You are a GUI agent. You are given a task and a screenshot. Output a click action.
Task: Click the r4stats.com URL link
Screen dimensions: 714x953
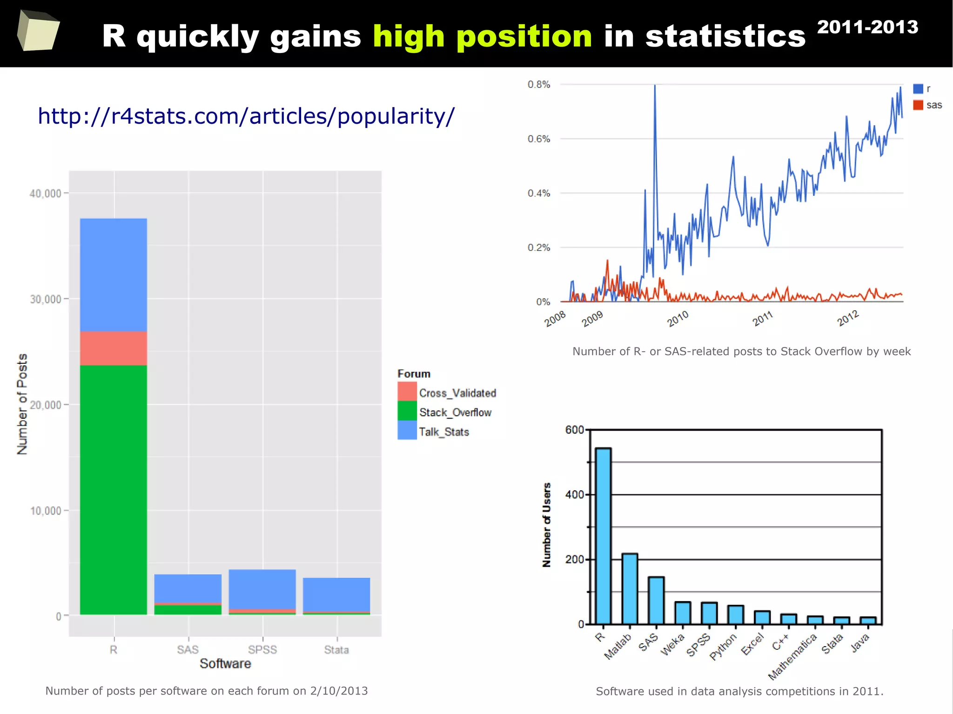pos(246,116)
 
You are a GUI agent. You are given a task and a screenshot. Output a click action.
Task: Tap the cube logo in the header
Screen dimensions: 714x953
pos(38,31)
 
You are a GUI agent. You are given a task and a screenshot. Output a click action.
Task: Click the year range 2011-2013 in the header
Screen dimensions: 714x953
pos(867,27)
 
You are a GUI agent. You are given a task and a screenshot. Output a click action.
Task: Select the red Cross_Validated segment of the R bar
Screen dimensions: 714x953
pos(114,348)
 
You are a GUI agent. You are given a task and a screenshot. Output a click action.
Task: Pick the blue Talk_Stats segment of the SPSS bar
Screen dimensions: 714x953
pos(262,589)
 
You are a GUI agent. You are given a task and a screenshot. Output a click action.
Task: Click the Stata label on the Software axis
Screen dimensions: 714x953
pos(336,649)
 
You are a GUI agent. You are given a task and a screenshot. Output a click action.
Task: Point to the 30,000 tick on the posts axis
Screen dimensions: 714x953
pos(46,299)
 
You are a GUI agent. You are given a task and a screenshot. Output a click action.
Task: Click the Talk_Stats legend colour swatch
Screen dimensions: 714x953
pos(407,430)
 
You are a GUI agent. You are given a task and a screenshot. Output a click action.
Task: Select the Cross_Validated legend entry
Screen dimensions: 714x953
pos(457,393)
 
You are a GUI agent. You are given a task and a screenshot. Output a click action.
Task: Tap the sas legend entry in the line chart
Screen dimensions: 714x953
pos(933,105)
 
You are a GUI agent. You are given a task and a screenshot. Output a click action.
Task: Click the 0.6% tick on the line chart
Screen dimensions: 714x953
pos(539,139)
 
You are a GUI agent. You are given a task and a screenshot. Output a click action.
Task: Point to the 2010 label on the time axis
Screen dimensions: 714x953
pos(678,319)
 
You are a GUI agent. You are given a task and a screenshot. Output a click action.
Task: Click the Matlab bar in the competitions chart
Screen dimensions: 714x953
pos(630,588)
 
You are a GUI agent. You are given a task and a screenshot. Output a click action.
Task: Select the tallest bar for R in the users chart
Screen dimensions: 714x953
pos(603,535)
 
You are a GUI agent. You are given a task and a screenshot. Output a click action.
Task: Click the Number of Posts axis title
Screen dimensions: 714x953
pos(22,404)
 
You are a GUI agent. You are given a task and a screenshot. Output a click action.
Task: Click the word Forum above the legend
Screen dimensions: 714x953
pos(414,374)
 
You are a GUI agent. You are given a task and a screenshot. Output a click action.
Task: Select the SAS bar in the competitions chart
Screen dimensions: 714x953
pos(656,600)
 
